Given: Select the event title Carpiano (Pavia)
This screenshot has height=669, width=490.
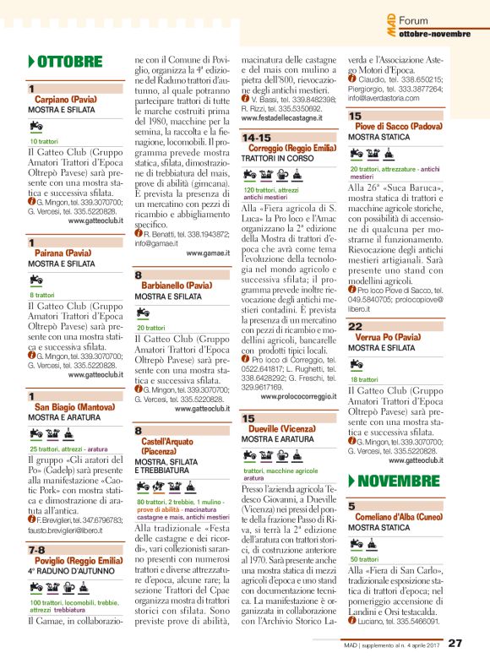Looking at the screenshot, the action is [x=63, y=100].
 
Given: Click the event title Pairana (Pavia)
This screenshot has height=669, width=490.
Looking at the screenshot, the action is [x=63, y=253].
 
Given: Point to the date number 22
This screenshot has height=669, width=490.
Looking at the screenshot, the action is [x=356, y=326].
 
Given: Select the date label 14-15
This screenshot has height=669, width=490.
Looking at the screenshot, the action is [x=257, y=137].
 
